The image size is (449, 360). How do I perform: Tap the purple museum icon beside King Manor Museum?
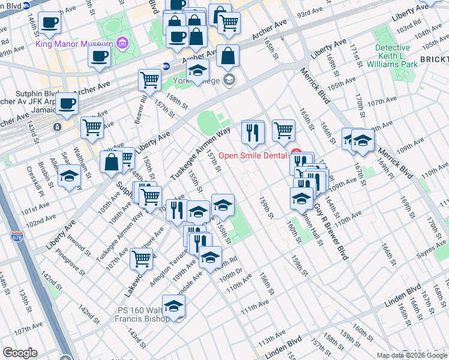coord(122,43)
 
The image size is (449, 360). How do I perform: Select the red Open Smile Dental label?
coord(254,155)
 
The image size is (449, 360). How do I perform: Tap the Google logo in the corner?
coord(20,353)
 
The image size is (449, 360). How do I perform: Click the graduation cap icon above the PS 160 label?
coord(173,307)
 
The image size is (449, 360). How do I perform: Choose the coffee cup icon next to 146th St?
coord(50,23)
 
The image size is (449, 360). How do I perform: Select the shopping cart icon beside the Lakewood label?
coord(141,259)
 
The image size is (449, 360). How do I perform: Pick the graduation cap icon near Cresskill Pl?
coord(70,176)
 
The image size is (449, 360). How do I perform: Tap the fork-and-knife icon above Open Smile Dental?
coord(253,132)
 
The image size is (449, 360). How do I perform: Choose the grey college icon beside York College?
coord(228,80)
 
